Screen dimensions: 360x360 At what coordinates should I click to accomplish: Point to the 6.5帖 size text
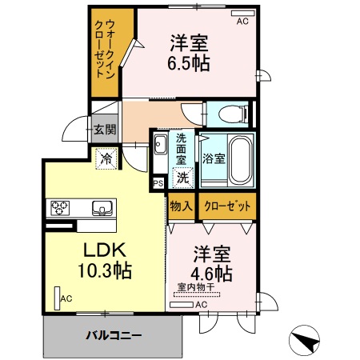click(x=189, y=63)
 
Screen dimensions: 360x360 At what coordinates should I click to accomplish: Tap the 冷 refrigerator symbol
click(x=106, y=159)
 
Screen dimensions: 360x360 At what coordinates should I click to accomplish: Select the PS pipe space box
click(x=159, y=183)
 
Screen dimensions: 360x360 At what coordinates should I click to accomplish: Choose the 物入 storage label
click(x=181, y=206)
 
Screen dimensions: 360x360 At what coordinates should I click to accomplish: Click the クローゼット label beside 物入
click(x=227, y=206)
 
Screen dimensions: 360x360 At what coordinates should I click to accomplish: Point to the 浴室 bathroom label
click(x=214, y=158)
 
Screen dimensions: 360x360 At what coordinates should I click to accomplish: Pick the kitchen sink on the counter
click(x=103, y=210)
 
